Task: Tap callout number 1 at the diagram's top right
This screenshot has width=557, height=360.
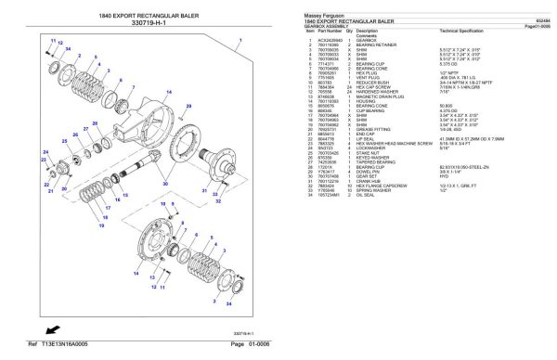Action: click(x=240, y=41)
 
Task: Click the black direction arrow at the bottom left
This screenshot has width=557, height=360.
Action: click(x=56, y=329)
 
